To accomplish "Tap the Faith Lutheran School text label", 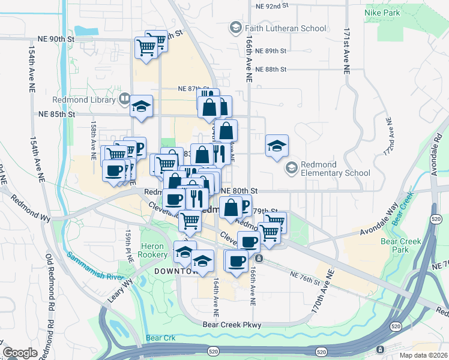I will pyautogui.click(x=285, y=28).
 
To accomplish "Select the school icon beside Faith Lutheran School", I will pyautogui.click(x=235, y=28).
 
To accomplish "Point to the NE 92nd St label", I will pyautogui.click(x=272, y=5).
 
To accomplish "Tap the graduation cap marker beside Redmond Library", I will pyautogui.click(x=142, y=106).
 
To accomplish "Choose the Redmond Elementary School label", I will pyautogui.click(x=336, y=168).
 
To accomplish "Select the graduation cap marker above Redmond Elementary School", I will pyautogui.click(x=277, y=146).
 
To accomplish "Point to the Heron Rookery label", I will pyautogui.click(x=154, y=250).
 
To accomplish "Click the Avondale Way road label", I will pyautogui.click(x=380, y=223).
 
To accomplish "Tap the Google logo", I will pyautogui.click(x=20, y=352).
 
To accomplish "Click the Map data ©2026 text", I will pyautogui.click(x=423, y=355).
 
